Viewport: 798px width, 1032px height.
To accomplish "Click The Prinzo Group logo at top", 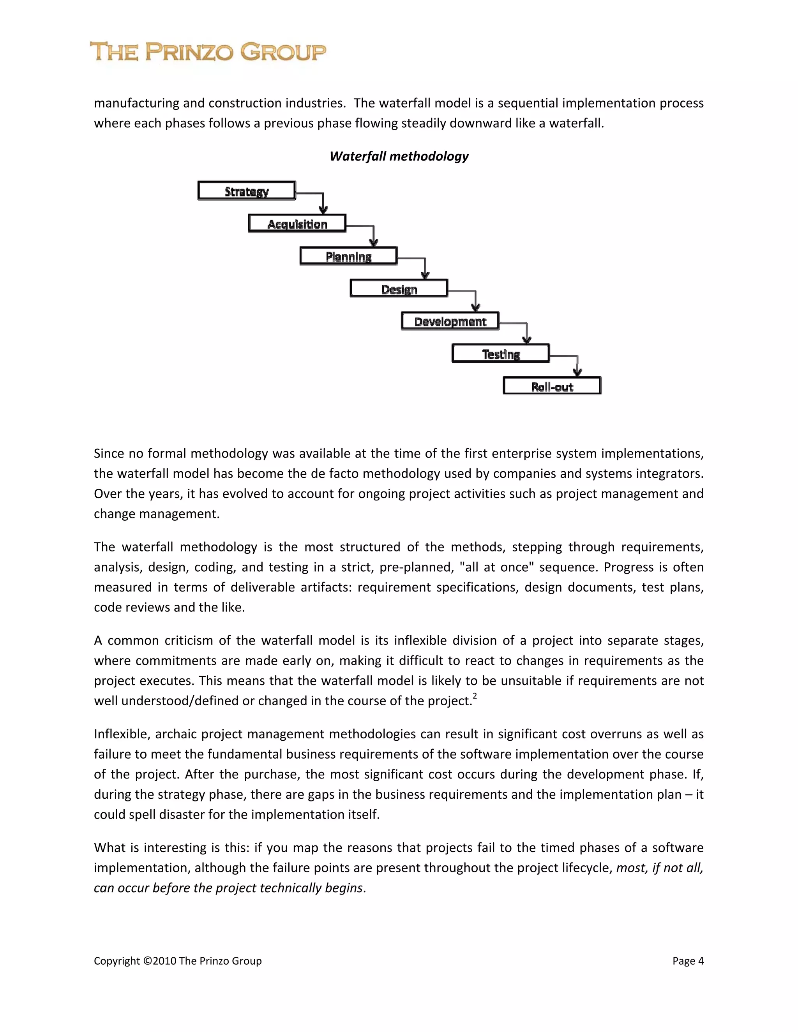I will tap(208, 52).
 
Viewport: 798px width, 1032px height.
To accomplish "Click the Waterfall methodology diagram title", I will tap(399, 157).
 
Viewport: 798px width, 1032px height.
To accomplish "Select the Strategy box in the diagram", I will tap(247, 191).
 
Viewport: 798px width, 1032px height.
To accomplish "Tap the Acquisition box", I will tap(297, 224).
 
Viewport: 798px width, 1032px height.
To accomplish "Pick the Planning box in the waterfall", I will tap(348, 256).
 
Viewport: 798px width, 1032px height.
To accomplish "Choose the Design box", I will tap(399, 289).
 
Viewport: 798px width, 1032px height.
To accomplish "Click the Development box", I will tap(450, 321).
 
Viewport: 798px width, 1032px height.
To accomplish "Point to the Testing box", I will tap(501, 354).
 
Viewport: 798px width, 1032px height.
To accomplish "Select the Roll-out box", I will tap(552, 386).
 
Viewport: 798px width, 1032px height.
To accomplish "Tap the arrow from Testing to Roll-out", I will tap(577, 364).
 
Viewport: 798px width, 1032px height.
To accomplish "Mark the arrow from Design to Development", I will tap(475, 299).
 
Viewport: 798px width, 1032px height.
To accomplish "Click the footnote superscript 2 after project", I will tap(475, 696).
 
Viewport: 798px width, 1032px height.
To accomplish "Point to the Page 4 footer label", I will tap(688, 961).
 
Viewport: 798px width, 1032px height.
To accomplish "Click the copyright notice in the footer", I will tap(177, 961).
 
